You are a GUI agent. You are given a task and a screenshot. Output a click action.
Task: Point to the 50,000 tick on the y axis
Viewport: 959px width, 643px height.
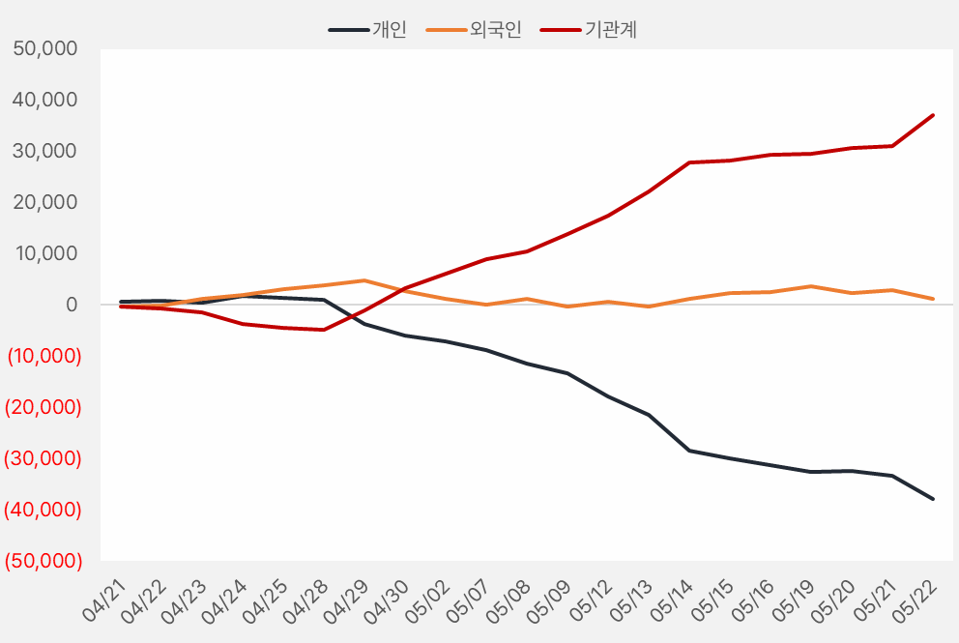point(46,48)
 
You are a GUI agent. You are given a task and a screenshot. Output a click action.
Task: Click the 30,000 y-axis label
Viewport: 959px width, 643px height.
point(46,151)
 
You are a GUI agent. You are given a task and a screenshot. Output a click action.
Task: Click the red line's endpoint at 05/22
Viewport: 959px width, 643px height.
point(933,115)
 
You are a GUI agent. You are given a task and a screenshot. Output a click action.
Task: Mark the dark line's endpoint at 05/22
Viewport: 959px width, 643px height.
point(933,499)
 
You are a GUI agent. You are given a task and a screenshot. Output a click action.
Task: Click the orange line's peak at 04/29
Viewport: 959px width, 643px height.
point(364,280)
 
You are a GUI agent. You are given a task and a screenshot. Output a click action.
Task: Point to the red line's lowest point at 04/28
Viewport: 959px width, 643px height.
point(324,330)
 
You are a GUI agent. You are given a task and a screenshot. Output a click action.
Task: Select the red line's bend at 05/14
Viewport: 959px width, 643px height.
point(689,162)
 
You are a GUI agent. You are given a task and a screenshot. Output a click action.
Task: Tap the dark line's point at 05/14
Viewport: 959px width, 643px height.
point(689,451)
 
